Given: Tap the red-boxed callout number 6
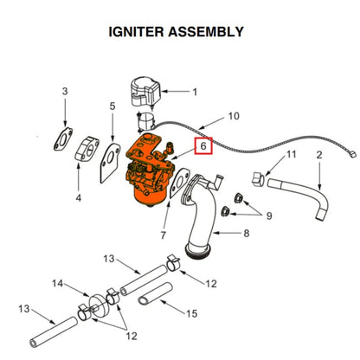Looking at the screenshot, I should click(202, 146).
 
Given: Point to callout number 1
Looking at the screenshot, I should click(195, 91).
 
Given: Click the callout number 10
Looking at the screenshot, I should click(233, 115).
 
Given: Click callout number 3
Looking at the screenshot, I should click(64, 91).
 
